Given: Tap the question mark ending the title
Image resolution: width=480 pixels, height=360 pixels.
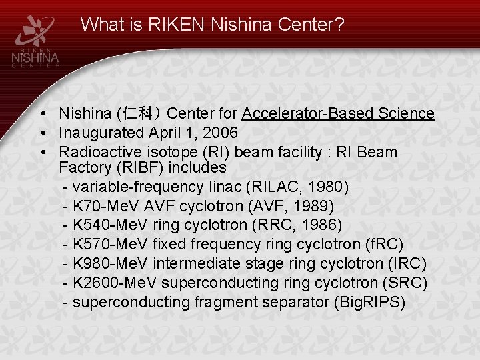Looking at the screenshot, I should pos(340,25).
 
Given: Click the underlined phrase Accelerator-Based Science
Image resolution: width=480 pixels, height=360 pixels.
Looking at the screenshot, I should pos(338,114).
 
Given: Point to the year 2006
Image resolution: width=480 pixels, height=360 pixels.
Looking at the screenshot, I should pos(219,133).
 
